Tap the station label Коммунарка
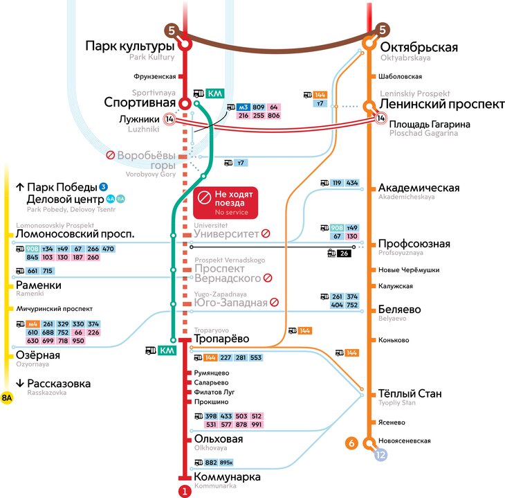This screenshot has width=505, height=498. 228,477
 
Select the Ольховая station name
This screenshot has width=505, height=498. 219,439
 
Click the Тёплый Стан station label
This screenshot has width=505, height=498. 410,393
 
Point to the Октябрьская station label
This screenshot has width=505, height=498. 419,47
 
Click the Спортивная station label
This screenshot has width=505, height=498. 140,103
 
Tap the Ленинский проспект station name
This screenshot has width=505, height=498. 441,103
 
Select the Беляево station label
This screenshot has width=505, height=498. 400,309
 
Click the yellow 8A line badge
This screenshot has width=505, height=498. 7,398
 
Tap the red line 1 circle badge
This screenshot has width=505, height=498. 184,492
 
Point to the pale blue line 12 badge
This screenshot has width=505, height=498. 380,455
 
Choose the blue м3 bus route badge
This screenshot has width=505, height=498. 243,107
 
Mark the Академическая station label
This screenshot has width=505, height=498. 419,188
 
